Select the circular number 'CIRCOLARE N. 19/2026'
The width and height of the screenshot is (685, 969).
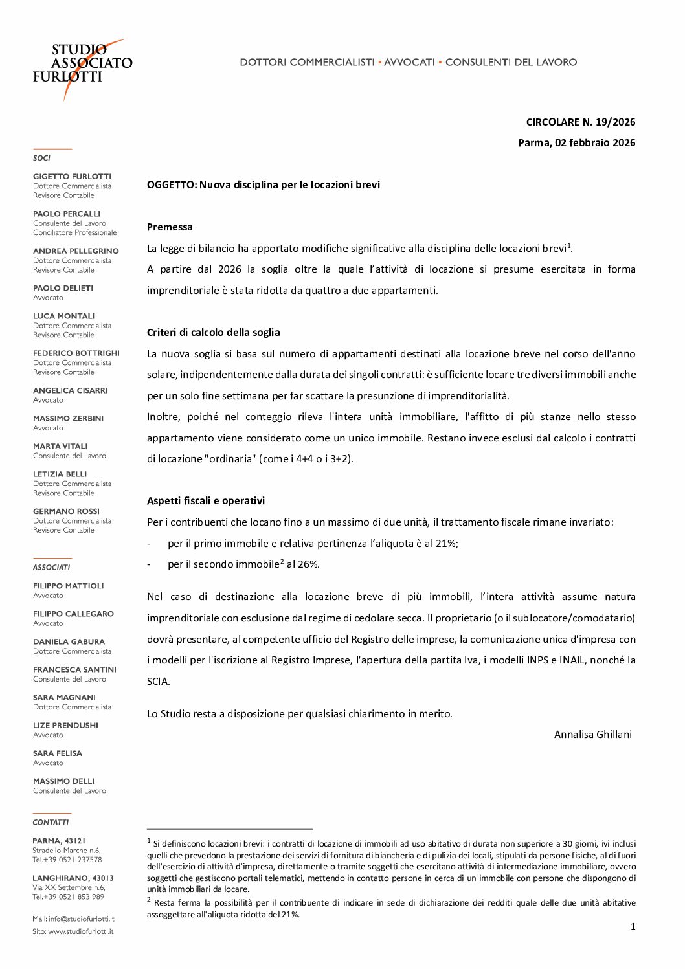(x=580, y=122)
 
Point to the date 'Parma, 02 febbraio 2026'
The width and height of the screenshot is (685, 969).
(x=576, y=142)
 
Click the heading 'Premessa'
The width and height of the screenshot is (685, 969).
(x=170, y=227)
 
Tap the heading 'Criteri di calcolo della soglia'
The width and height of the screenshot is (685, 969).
(x=213, y=332)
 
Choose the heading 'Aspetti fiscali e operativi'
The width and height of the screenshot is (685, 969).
(x=205, y=500)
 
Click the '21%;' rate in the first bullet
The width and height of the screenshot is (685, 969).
(x=447, y=543)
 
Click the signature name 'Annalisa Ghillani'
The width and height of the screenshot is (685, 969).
(x=592, y=734)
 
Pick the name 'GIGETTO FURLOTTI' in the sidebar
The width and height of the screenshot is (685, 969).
(x=72, y=177)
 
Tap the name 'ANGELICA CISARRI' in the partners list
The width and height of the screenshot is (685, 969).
(x=70, y=390)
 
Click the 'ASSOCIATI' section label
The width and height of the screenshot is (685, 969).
(x=51, y=568)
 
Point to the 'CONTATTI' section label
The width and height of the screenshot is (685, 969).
(x=51, y=822)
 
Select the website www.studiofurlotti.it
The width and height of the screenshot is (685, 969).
(x=80, y=931)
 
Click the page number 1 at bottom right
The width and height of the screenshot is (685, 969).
(x=633, y=926)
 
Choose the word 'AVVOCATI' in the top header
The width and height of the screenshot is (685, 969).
(x=409, y=62)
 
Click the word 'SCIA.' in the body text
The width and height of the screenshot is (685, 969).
(x=159, y=681)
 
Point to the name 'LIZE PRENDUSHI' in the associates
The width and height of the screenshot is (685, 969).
(x=65, y=726)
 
